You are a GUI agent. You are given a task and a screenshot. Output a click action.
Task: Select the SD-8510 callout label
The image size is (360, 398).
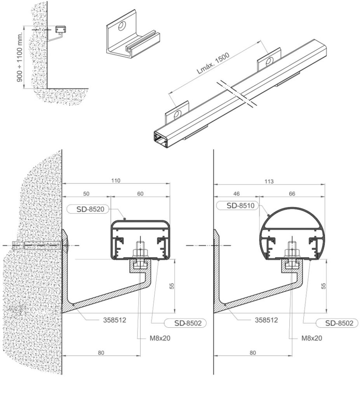[237, 205]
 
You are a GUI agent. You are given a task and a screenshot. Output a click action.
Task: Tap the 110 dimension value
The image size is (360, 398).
[116, 181]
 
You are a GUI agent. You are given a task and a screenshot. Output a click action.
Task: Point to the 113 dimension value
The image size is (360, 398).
[269, 182]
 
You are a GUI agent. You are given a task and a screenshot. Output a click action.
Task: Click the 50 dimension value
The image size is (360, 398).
[86, 194]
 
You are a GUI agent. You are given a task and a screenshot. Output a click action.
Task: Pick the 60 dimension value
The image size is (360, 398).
[140, 194]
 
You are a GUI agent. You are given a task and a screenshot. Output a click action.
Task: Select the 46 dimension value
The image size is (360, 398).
[236, 194]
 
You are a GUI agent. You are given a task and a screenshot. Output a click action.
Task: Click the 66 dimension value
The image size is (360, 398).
[292, 194]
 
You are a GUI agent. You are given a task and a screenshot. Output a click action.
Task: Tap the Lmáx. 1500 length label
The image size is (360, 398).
[213, 63]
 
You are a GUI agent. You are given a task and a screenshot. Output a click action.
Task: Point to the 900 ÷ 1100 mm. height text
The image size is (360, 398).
[20, 57]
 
